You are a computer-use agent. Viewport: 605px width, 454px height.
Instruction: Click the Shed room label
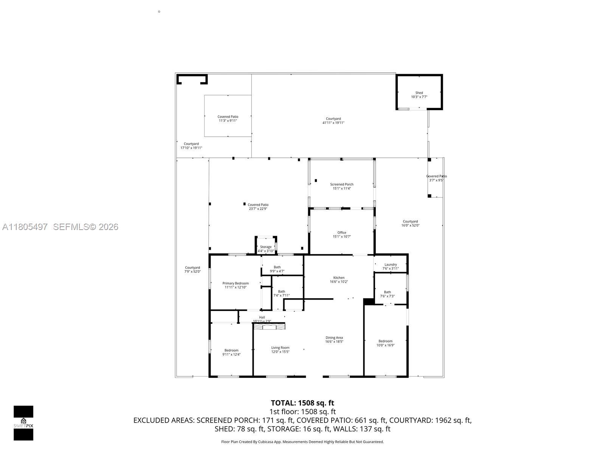419,93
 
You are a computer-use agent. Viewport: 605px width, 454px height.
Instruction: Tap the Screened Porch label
341,185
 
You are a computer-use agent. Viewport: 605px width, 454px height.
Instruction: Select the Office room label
341,233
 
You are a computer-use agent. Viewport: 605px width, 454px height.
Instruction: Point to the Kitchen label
338,278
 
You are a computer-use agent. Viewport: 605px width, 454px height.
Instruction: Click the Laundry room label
390,265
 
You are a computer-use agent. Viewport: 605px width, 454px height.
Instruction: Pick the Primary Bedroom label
235,283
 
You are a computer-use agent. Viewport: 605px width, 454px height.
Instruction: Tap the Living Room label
280,348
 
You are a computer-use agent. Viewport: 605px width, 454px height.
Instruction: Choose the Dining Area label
334,338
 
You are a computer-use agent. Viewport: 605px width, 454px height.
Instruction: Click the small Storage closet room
265,247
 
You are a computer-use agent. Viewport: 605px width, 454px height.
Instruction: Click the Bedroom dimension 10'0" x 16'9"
385,345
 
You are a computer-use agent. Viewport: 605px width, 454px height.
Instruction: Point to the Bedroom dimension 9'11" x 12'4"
231,354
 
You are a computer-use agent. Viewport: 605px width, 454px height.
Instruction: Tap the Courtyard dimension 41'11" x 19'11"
333,123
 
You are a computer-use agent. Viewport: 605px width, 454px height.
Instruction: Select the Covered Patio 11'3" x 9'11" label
228,118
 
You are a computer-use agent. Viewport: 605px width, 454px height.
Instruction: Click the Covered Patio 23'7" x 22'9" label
258,207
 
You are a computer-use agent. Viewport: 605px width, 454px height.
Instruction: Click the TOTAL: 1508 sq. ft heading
302,403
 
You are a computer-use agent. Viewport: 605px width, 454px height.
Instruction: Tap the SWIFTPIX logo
23,423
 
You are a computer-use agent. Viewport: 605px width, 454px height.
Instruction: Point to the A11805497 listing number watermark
25,227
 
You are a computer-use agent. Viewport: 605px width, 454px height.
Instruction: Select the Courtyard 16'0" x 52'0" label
410,223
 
